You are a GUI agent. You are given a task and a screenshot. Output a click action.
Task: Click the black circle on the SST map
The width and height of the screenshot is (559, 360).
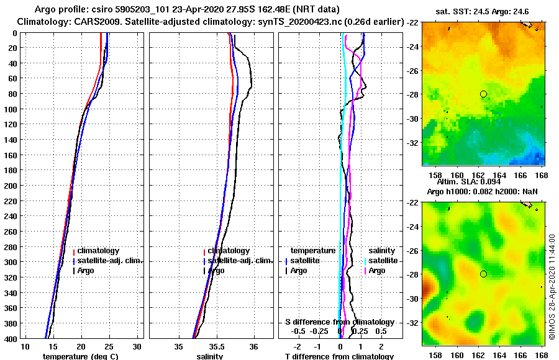click(483, 94)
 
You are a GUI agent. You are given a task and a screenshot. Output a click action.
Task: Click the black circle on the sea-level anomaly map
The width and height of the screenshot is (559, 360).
click(483, 274)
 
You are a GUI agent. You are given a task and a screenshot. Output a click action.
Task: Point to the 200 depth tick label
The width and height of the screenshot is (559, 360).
click(11, 186)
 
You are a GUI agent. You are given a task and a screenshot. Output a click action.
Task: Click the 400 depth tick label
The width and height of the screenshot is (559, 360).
click(11, 338)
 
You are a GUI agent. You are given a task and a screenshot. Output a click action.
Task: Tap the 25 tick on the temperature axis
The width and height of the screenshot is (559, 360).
click(109, 346)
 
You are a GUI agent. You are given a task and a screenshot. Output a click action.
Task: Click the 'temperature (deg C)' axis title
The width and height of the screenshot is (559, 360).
click(80, 356)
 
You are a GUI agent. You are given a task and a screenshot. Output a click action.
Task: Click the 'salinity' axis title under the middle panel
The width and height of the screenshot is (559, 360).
click(210, 356)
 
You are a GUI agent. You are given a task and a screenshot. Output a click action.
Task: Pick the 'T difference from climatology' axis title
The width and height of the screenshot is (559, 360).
click(339, 356)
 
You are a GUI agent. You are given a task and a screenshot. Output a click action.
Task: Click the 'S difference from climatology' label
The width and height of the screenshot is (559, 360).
click(340, 322)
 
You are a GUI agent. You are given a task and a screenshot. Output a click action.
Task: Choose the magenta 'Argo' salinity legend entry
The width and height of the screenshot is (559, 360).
click(377, 271)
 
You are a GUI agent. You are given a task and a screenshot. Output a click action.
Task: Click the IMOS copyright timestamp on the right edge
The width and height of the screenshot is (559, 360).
click(552, 287)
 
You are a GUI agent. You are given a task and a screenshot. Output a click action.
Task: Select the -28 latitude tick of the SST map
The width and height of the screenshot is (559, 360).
click(412, 94)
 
